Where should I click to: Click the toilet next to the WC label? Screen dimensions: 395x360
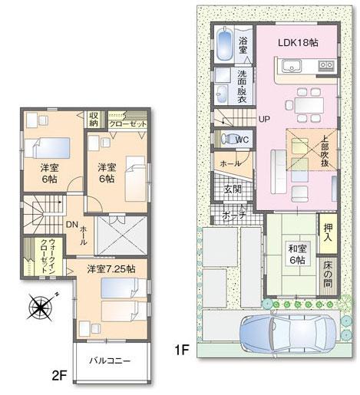230,139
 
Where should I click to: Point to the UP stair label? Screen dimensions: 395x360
264,120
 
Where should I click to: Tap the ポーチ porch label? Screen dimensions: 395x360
234,216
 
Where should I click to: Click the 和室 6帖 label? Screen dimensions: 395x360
298,254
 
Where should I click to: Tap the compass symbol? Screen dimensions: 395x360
38,311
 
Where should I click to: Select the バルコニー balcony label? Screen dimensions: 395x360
109,360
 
